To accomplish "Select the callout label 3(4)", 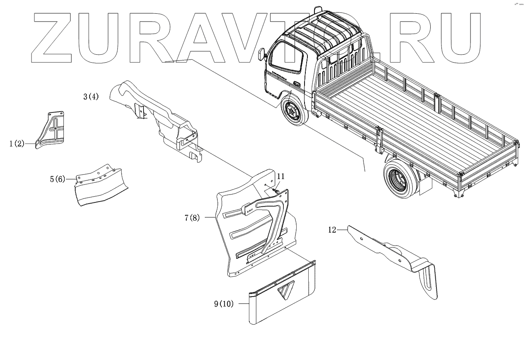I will [x=91, y=97].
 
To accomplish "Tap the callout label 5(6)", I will [x=57, y=180].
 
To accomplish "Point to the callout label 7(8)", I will [x=192, y=218].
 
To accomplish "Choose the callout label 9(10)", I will [x=224, y=304].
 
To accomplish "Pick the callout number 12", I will [x=331, y=230].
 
